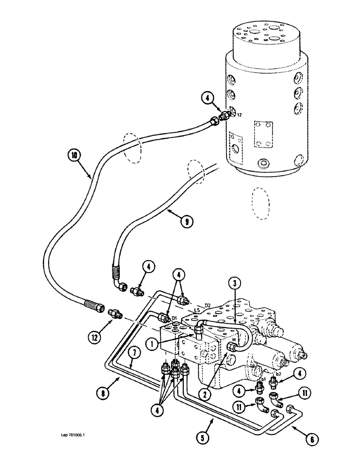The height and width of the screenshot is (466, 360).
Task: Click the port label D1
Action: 174,319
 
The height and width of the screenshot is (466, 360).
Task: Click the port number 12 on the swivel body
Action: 238,114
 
